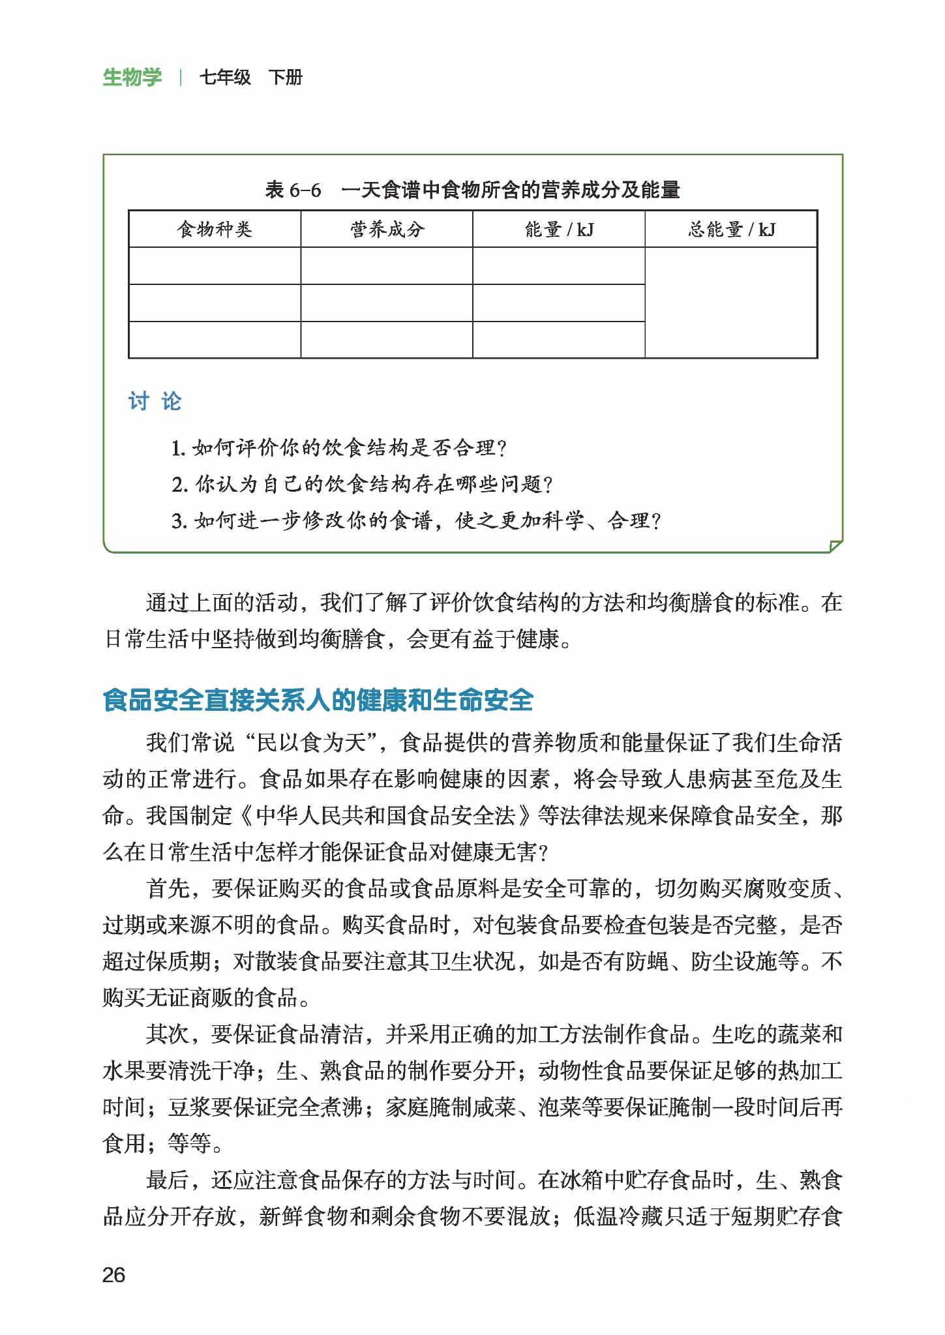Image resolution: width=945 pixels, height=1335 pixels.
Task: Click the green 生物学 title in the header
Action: point(132,78)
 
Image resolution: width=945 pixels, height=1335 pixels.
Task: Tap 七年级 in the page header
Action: point(225,78)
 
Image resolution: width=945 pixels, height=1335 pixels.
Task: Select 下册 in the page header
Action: point(286,78)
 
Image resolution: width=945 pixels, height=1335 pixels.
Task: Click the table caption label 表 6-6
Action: point(293,190)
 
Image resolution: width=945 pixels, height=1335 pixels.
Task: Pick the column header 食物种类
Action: point(215,230)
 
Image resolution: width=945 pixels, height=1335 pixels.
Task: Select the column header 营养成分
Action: point(387,230)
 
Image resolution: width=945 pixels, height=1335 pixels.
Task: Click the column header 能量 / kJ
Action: point(559,230)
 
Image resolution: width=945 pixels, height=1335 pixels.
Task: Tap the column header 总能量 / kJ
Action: point(731,230)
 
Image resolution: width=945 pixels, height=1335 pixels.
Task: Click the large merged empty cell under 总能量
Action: point(731,303)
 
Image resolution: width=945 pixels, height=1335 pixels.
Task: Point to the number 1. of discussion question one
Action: point(178,449)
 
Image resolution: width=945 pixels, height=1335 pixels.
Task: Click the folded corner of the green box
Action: point(835,546)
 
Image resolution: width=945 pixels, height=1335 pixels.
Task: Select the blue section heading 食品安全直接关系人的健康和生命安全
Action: point(318,700)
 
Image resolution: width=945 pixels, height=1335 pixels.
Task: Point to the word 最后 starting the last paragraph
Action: point(168,1180)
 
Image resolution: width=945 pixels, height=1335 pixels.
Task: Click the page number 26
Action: point(113,1275)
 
